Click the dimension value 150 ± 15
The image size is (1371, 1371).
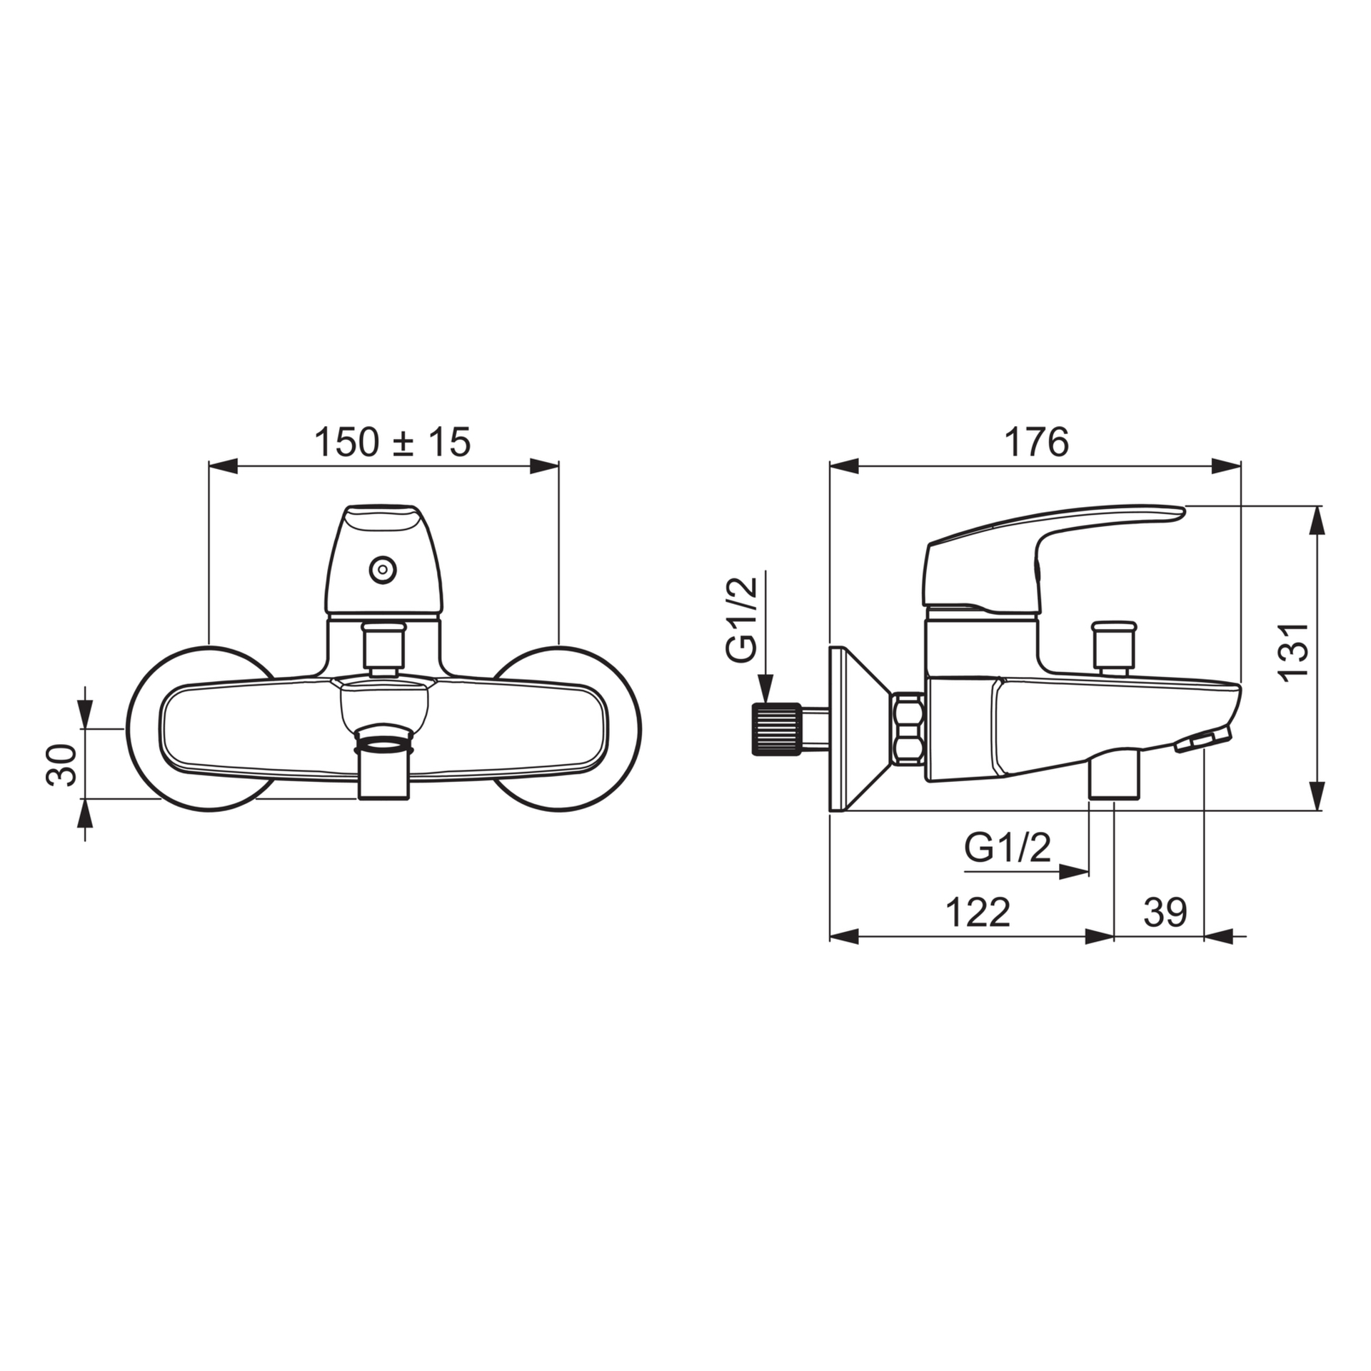tap(392, 443)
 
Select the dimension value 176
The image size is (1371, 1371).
tap(1037, 443)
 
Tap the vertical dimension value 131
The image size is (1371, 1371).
tap(1293, 653)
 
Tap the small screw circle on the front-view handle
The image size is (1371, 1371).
tap(383, 570)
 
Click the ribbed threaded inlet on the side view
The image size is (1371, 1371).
tap(774, 729)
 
